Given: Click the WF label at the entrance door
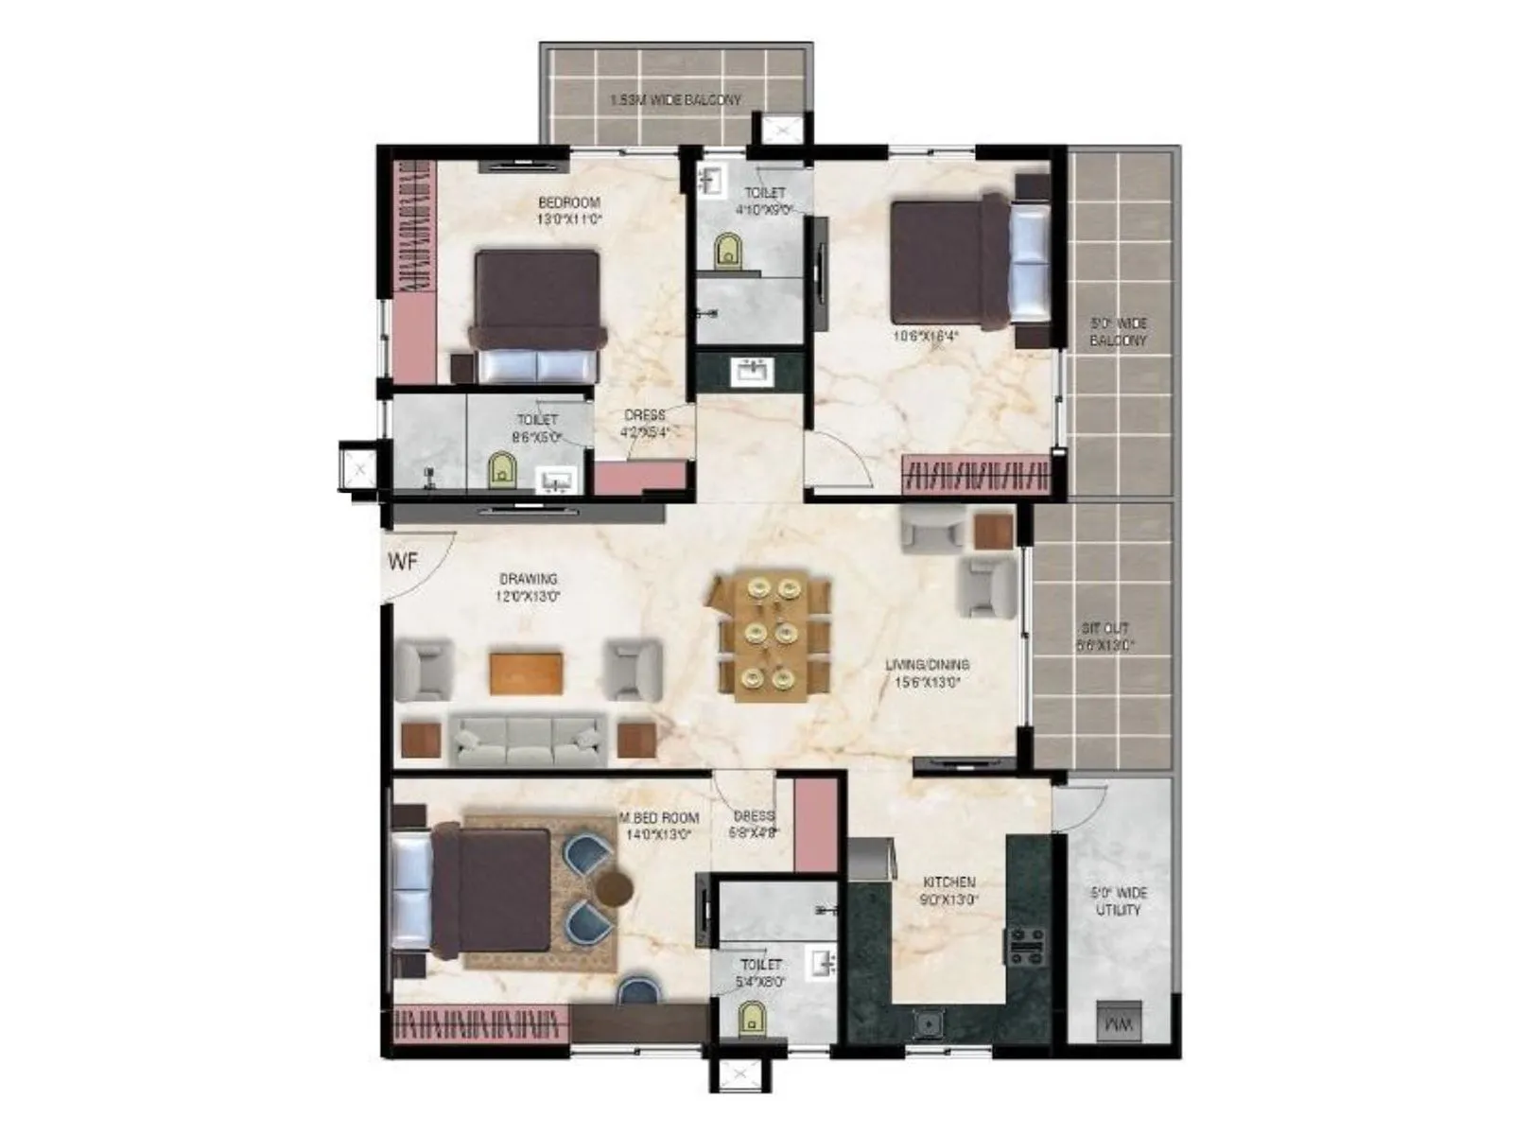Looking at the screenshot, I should [x=403, y=562].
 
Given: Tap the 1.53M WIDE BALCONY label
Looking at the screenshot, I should [x=675, y=99].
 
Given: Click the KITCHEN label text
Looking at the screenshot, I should [x=948, y=882].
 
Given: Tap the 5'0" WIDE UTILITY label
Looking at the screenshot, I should [x=1119, y=900].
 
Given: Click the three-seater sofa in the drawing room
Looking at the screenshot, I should [x=528, y=738].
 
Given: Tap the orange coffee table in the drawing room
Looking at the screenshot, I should [x=526, y=672].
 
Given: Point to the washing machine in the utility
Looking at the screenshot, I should [x=1118, y=1021].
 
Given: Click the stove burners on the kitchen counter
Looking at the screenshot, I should [x=1025, y=944].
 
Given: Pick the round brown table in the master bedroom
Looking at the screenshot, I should [x=614, y=889].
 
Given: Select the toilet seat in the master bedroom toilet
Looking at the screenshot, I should [x=751, y=1019].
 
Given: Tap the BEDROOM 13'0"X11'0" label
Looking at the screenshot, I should [x=569, y=210].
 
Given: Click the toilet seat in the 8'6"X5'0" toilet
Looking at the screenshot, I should [x=501, y=470].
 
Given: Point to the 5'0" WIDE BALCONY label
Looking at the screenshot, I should [x=1118, y=331].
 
